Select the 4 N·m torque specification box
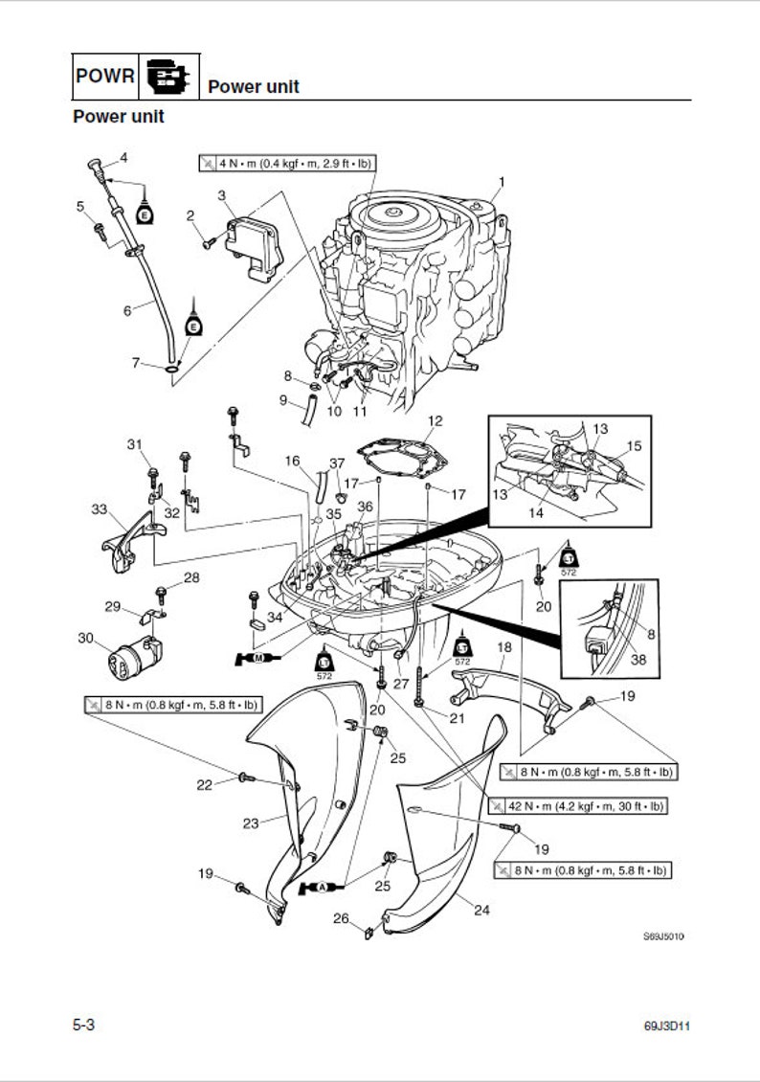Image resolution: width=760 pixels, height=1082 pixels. [x=286, y=163]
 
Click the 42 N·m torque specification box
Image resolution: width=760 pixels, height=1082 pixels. [x=575, y=806]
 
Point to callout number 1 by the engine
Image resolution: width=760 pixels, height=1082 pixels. [x=503, y=181]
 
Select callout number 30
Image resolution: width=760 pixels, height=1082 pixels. [x=85, y=638]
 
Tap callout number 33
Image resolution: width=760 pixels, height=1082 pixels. [x=99, y=509]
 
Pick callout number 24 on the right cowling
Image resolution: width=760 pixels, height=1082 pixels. [x=481, y=911]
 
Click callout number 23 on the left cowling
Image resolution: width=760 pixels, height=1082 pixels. [x=251, y=823]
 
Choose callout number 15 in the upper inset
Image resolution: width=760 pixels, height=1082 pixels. [x=634, y=446]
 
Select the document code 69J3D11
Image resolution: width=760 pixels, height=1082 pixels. [x=667, y=1026]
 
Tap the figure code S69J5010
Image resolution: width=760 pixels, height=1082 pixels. [x=663, y=937]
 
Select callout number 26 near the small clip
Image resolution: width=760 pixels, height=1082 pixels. [x=341, y=919]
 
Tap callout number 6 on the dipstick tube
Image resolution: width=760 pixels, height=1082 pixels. [x=126, y=310]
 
